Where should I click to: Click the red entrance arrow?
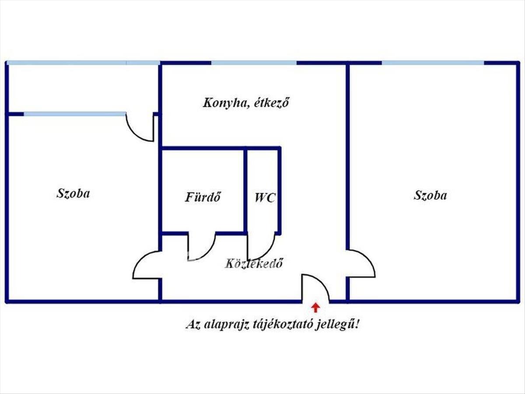[316, 308]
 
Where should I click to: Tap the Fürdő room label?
[203, 197]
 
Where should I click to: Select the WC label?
[265, 198]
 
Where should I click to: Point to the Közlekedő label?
[254, 264]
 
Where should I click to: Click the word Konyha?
[225, 103]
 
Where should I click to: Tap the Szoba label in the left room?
[73, 193]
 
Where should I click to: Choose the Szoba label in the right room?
[430, 195]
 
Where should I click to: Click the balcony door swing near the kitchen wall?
[134, 134]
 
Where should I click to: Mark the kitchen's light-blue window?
[254, 63]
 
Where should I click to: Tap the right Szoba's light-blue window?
[433, 63]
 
